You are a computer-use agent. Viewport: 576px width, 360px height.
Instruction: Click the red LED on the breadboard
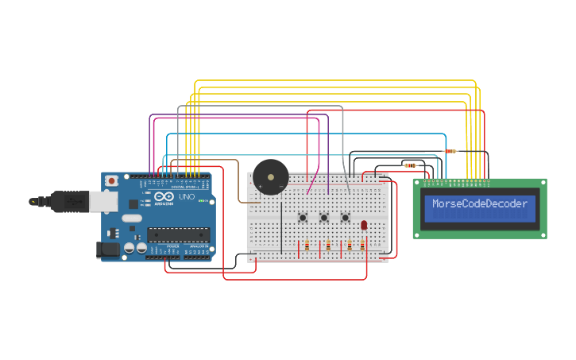tap(364, 226)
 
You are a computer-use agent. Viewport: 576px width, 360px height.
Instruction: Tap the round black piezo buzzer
tap(270, 176)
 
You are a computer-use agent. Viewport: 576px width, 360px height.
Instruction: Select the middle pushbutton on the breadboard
tap(324, 217)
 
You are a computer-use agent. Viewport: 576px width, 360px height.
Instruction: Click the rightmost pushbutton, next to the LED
tap(346, 217)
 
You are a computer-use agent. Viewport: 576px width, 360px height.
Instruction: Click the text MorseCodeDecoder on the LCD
tap(480, 204)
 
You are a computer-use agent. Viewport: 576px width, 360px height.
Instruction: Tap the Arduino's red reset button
tap(112, 181)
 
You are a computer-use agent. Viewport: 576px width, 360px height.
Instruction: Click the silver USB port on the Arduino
tap(101, 202)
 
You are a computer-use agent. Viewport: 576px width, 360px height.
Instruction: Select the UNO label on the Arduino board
tap(186, 196)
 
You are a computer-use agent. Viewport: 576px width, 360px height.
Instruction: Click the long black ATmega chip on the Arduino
tap(178, 234)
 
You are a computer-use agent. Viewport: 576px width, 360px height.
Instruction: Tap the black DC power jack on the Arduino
tap(107, 250)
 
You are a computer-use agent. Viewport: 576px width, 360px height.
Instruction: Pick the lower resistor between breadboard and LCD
tap(410, 165)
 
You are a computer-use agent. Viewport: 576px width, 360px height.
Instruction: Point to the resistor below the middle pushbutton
tap(327, 246)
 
